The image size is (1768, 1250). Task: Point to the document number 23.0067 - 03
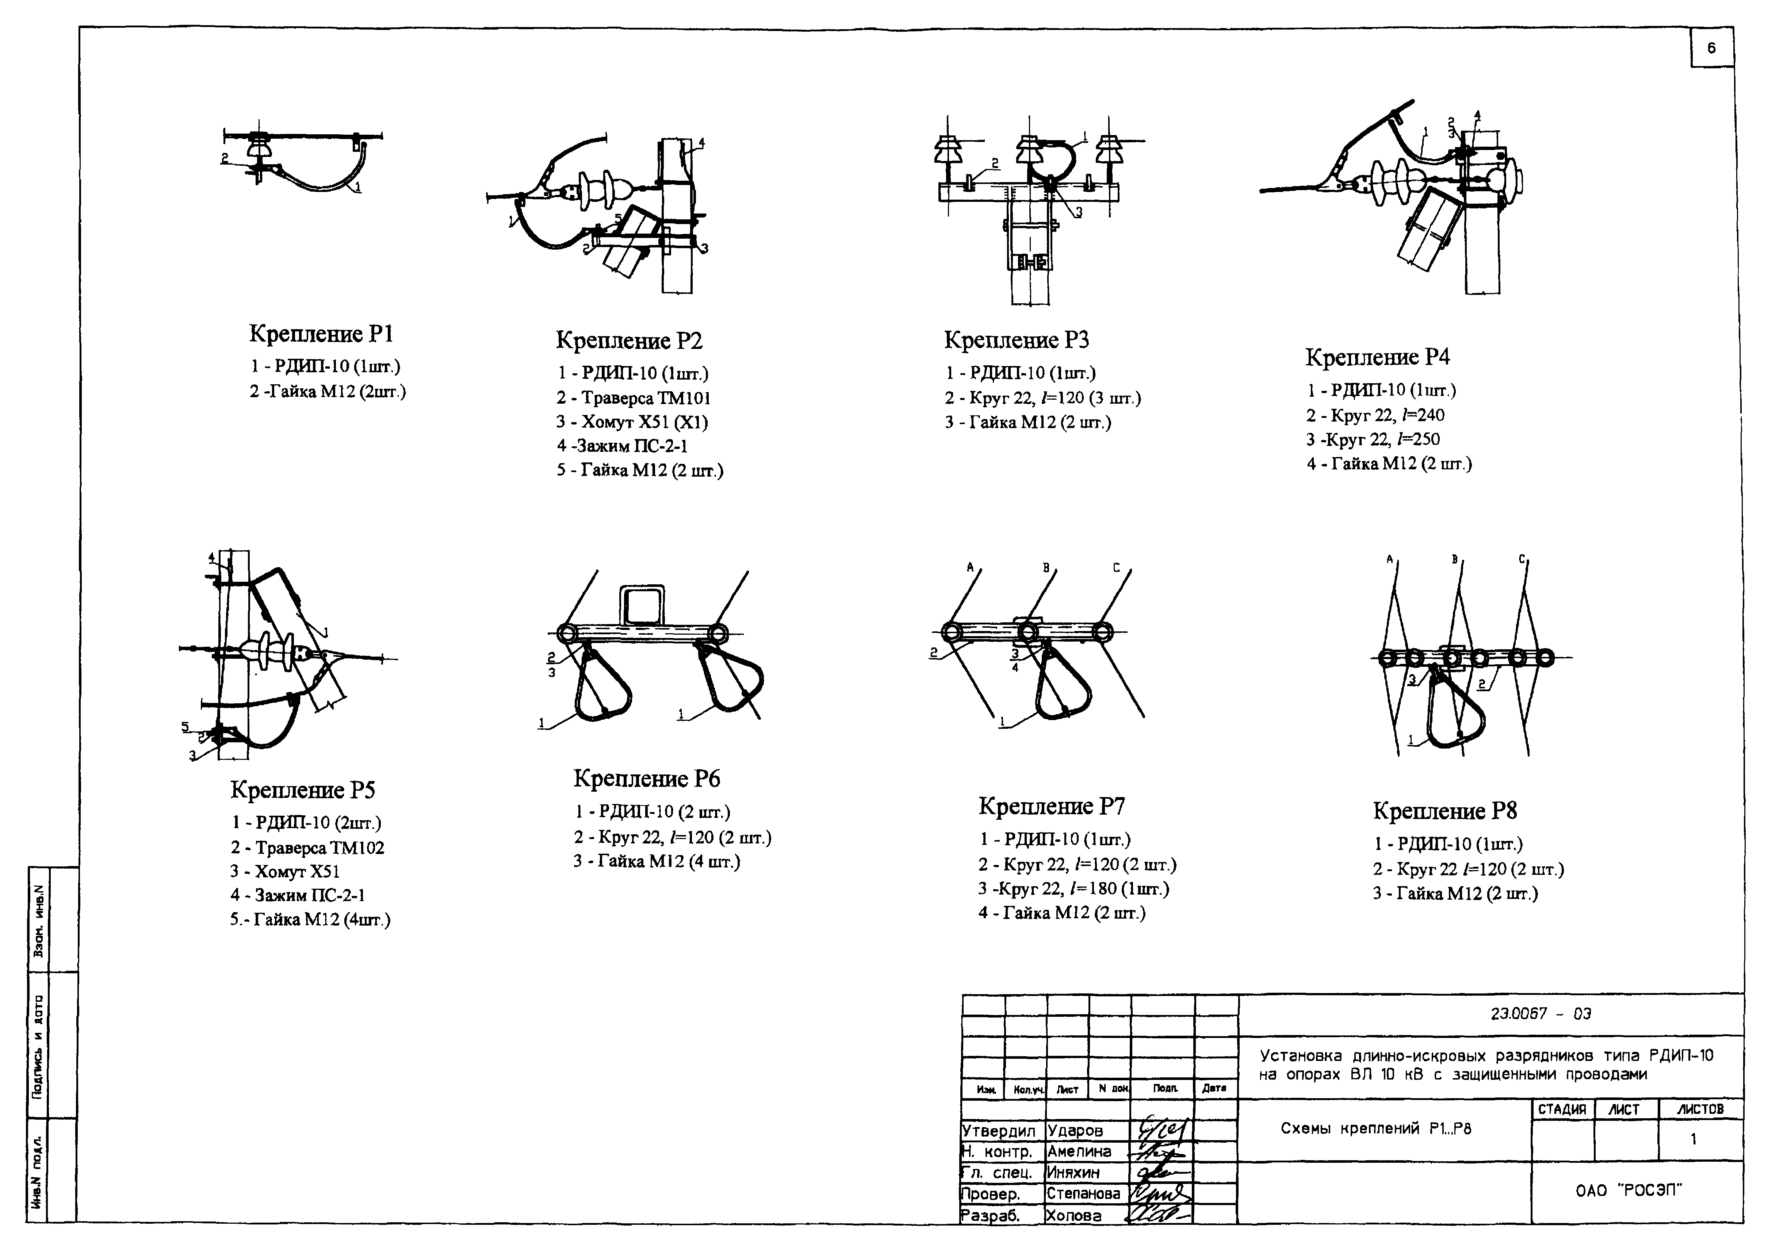click(x=1540, y=1014)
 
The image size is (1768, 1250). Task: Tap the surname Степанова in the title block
click(x=1083, y=1194)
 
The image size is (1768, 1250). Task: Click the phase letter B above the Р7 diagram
click(x=1046, y=567)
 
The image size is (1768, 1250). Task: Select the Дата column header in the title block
click(x=1214, y=1088)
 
